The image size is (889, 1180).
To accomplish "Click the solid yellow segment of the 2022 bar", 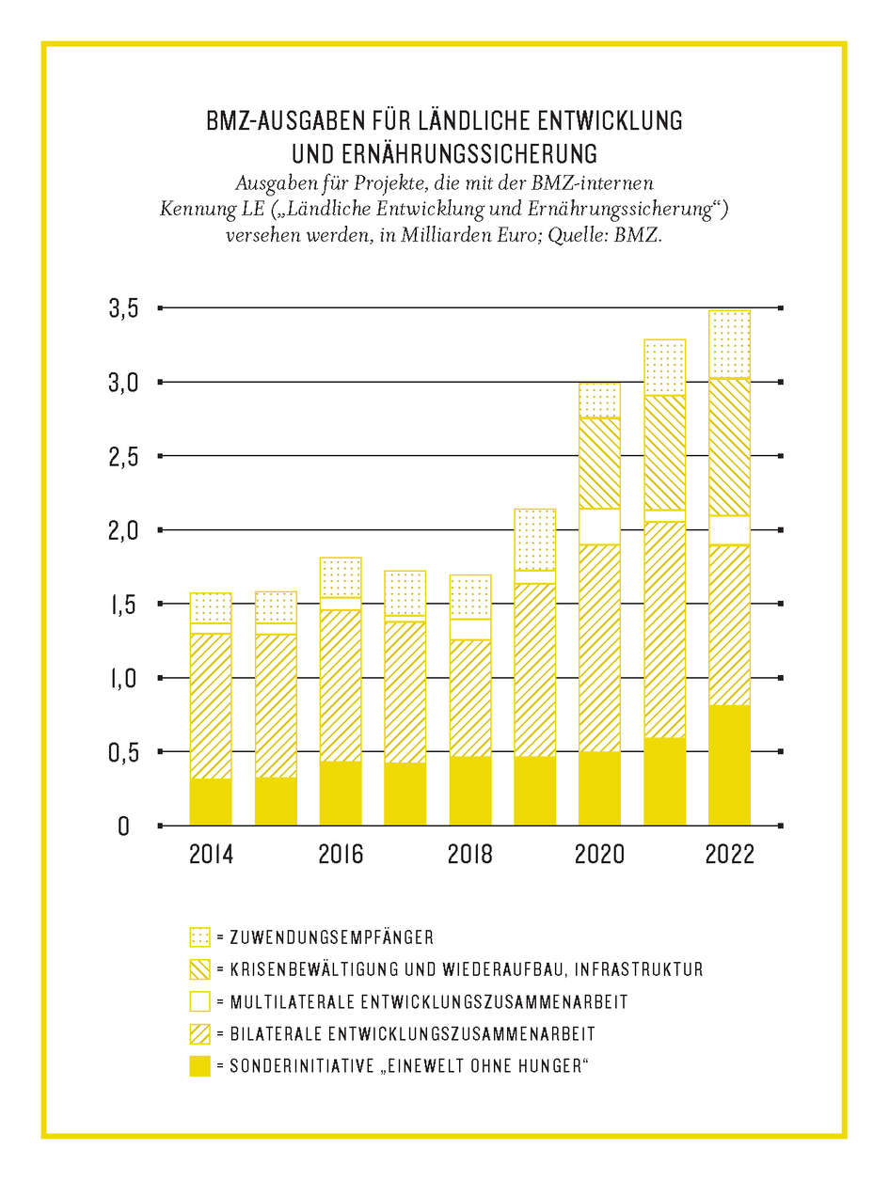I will tap(729, 764).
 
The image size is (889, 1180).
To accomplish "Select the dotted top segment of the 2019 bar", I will tap(534, 540).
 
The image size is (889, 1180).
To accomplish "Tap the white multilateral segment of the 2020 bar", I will tap(599, 527).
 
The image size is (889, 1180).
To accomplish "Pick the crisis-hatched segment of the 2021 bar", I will tap(664, 452).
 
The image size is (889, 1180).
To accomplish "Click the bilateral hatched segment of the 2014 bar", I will tap(211, 706).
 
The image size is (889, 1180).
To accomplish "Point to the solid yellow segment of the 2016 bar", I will tap(341, 793).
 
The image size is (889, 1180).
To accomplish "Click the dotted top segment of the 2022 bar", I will tap(729, 344).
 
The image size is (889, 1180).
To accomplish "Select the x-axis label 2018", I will tap(469, 856).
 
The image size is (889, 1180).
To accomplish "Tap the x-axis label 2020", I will tap(599, 856).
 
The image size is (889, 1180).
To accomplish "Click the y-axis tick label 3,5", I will tap(130, 308).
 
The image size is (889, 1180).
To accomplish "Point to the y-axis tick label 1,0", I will tap(130, 678).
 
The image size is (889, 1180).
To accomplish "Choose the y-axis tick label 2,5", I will tap(130, 457).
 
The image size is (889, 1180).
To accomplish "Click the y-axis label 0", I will tap(123, 826).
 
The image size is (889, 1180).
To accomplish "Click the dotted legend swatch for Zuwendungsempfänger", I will tap(199, 937).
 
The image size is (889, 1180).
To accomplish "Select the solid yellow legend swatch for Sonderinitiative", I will tap(199, 1065).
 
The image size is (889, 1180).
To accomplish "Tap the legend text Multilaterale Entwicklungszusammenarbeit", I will tap(428, 1002).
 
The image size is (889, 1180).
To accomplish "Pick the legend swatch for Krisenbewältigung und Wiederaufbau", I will tap(199, 969).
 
